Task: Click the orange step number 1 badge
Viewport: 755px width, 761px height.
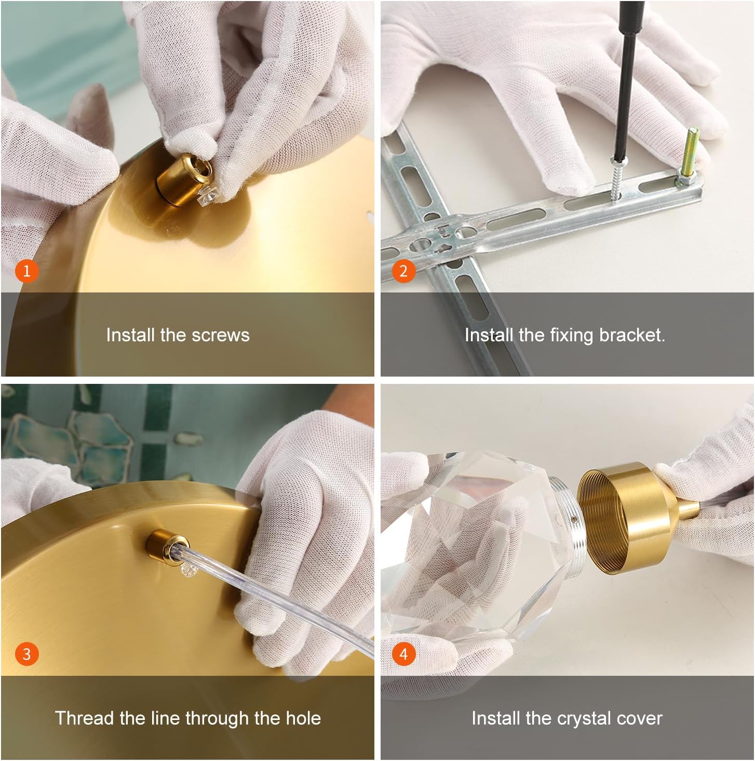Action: click(x=26, y=271)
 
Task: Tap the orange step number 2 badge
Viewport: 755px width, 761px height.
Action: click(x=403, y=271)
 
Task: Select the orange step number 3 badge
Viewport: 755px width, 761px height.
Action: click(x=26, y=654)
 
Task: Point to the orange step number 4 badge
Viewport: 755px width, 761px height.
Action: click(x=403, y=654)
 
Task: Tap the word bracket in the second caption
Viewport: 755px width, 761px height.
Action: click(x=632, y=335)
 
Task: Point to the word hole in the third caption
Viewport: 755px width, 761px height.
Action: click(x=303, y=718)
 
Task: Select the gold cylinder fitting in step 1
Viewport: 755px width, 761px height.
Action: click(x=184, y=179)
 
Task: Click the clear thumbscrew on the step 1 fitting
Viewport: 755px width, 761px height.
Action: click(x=207, y=196)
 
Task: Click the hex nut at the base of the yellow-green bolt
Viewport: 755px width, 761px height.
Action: click(x=684, y=181)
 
